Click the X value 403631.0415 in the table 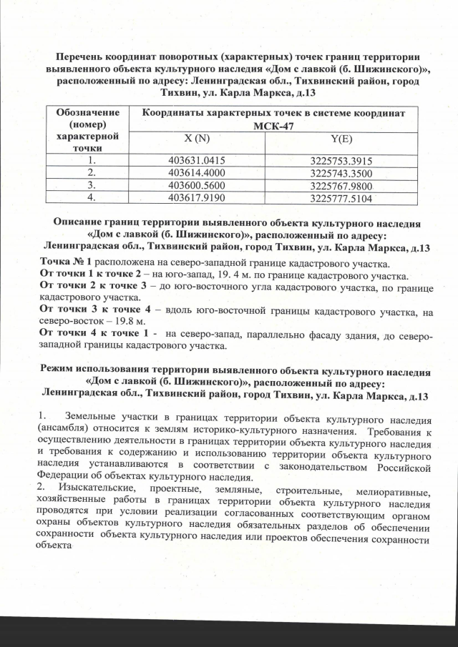coord(200,161)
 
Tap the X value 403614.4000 coord(200,174)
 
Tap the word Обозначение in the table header coord(86,113)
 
